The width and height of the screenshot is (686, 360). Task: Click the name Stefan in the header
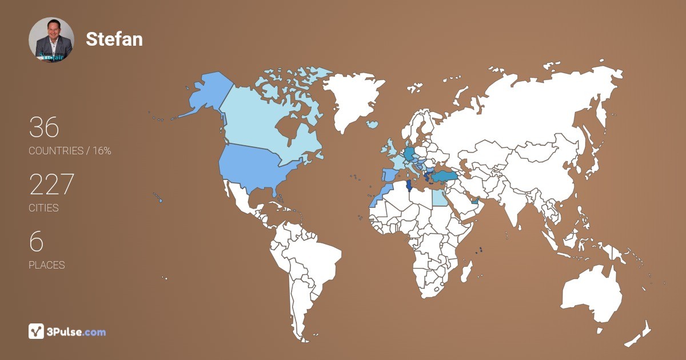(114, 39)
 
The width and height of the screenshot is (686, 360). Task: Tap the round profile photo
(51, 40)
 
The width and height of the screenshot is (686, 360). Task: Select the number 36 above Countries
(44, 127)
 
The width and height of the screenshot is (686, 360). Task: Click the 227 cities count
(51, 185)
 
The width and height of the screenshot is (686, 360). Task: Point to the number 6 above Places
(36, 242)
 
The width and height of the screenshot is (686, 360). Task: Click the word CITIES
(43, 208)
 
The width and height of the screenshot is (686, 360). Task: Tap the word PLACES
(46, 265)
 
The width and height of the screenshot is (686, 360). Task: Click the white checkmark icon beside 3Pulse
(36, 331)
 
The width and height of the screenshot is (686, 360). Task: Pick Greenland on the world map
(349, 97)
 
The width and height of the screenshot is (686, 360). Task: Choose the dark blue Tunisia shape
(408, 187)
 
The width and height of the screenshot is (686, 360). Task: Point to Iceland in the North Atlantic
(372, 124)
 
